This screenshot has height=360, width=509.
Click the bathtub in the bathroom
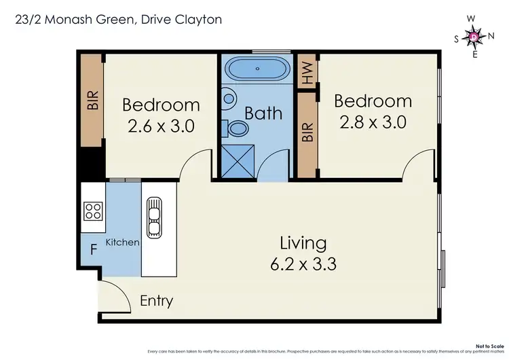[257, 70]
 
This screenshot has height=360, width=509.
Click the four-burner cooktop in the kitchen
[92, 211]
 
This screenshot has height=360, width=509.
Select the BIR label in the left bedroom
[93, 102]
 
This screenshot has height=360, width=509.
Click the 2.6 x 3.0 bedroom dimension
[161, 126]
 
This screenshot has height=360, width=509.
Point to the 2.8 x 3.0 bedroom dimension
[373, 122]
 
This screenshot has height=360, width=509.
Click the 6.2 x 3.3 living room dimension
[303, 264]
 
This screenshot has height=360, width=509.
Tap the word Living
[303, 242]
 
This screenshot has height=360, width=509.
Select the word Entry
[156, 301]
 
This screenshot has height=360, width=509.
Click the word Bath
[263, 113]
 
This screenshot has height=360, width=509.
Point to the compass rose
[474, 36]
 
